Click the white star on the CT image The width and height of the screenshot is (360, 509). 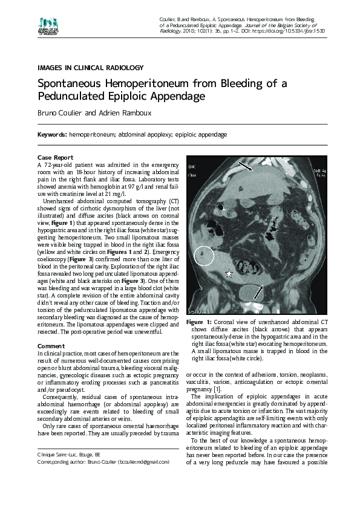click(229, 274)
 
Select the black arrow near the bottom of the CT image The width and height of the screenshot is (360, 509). click(258, 292)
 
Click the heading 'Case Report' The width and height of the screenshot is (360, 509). click(55, 158)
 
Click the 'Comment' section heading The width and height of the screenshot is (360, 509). click(51, 346)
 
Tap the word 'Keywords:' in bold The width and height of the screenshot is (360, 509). click(52, 134)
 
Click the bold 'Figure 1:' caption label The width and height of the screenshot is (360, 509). click(199, 322)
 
